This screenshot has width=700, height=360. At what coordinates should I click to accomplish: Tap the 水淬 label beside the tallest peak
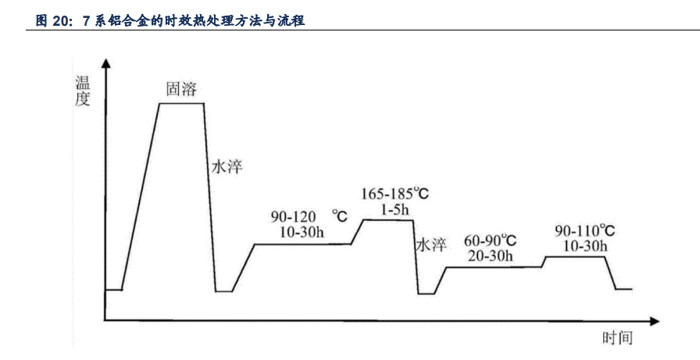click(x=227, y=166)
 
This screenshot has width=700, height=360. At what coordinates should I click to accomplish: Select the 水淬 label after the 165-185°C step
click(x=430, y=245)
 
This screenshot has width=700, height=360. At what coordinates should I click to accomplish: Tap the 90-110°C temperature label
click(x=584, y=231)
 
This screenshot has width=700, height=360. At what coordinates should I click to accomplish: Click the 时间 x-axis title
click(x=616, y=338)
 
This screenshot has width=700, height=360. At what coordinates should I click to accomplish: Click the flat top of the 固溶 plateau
click(x=181, y=103)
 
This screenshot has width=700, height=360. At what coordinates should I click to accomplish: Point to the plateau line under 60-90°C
click(x=493, y=267)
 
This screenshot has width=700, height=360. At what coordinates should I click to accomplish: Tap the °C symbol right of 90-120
click(x=340, y=214)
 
